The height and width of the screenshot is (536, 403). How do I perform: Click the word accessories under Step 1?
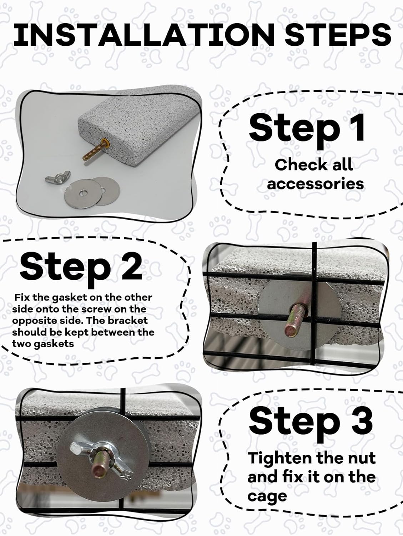(x=315, y=184)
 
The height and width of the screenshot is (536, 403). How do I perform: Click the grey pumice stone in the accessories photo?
(x=136, y=121)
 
